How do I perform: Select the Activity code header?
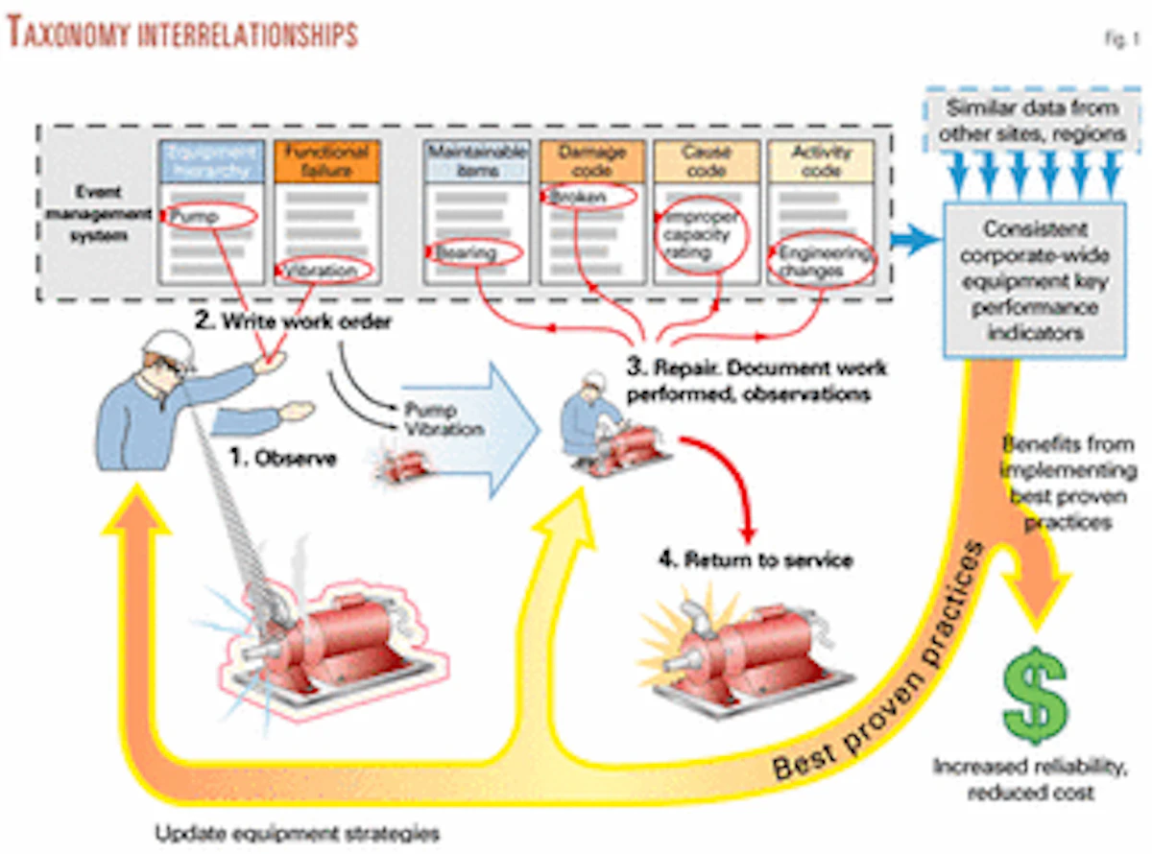pos(821,161)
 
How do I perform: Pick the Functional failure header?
pos(323,161)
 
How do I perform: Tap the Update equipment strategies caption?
pos(298,832)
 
